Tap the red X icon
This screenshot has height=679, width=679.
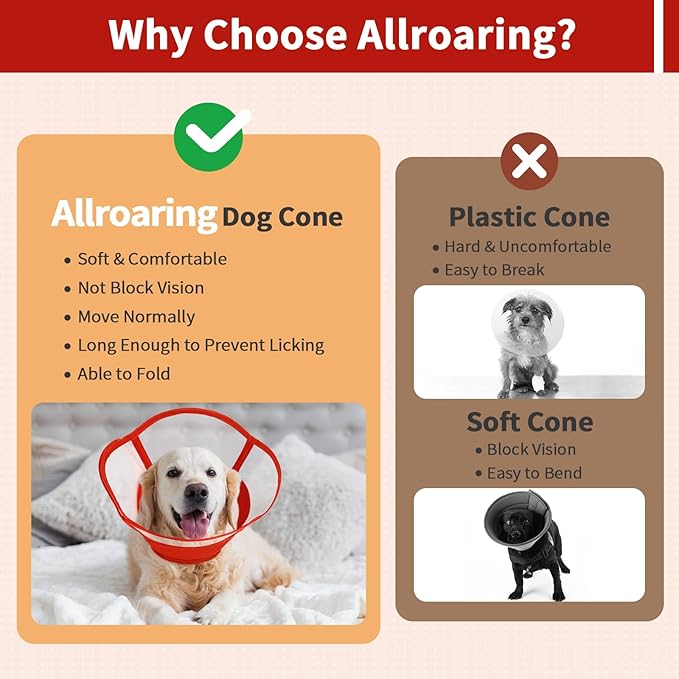529,160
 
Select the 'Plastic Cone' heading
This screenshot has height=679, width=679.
529,217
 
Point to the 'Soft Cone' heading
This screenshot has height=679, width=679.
529,422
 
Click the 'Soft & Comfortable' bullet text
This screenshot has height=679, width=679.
152,259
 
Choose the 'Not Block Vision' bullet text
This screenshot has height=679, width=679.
141,288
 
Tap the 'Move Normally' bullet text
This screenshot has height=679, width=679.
136,317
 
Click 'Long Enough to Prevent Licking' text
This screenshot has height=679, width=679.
201,345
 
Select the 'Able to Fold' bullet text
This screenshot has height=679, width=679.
124,374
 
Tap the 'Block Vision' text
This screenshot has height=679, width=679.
531,450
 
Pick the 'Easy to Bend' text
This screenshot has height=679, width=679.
534,473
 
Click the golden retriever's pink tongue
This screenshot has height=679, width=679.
194,524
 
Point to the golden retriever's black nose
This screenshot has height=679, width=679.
195,492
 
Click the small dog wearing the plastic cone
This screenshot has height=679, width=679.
526,340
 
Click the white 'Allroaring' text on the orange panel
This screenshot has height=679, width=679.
134,214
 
